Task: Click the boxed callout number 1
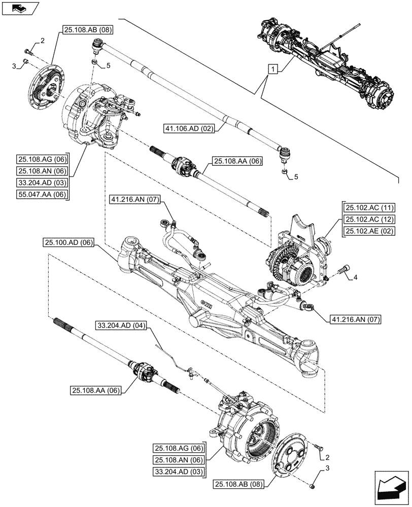pyautogui.click(x=273, y=69)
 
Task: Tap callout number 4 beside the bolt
pyautogui.click(x=355, y=277)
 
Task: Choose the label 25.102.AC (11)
pyautogui.click(x=370, y=207)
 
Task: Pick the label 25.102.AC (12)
pyautogui.click(x=370, y=219)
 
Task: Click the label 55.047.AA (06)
pyautogui.click(x=43, y=194)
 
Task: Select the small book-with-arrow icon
pyautogui.click(x=19, y=7)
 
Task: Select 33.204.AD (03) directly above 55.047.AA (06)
pyautogui.click(x=43, y=183)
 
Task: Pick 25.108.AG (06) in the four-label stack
pyautogui.click(x=43, y=159)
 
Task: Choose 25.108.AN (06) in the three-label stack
pyautogui.click(x=178, y=460)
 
